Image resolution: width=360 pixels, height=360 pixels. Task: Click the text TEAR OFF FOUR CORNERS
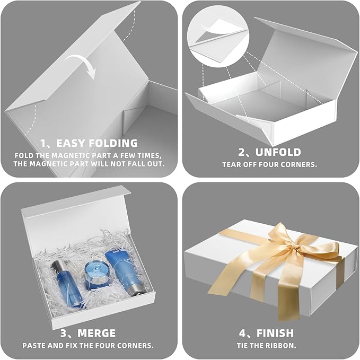pos(270,164)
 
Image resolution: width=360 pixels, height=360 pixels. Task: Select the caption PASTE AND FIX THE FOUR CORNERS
pos(88,345)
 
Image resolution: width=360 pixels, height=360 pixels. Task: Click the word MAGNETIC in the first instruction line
pos(65,155)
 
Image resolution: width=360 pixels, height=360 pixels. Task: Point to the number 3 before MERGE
pos(65,333)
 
